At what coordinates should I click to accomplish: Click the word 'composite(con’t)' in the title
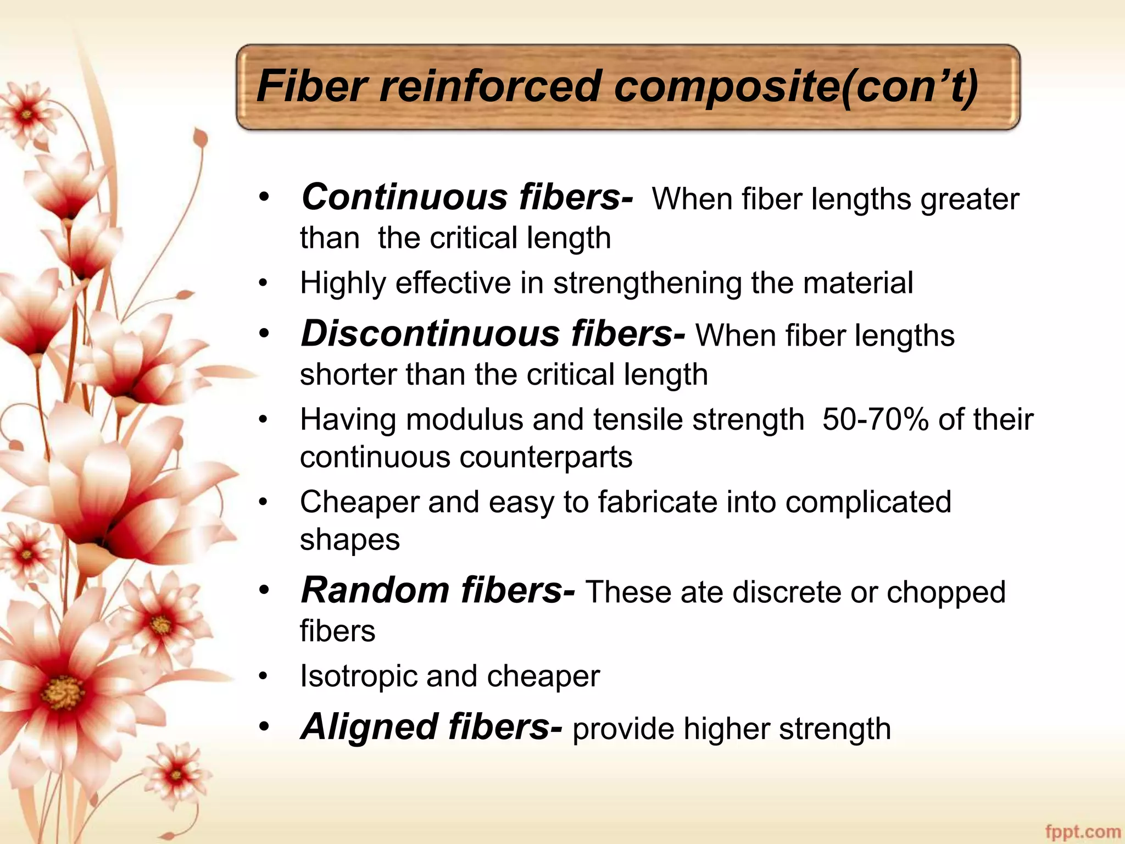[795, 87]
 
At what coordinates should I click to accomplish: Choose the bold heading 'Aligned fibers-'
[431, 726]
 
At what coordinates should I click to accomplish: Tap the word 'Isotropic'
[358, 676]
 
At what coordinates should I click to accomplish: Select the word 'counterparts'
[545, 457]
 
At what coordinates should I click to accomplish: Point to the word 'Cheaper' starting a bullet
[359, 502]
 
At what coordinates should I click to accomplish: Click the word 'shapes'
[349, 540]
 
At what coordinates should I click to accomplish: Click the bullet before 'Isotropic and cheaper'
[264, 677]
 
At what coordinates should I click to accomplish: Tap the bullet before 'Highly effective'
[264, 284]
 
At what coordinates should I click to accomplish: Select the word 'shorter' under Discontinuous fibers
[348, 375]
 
